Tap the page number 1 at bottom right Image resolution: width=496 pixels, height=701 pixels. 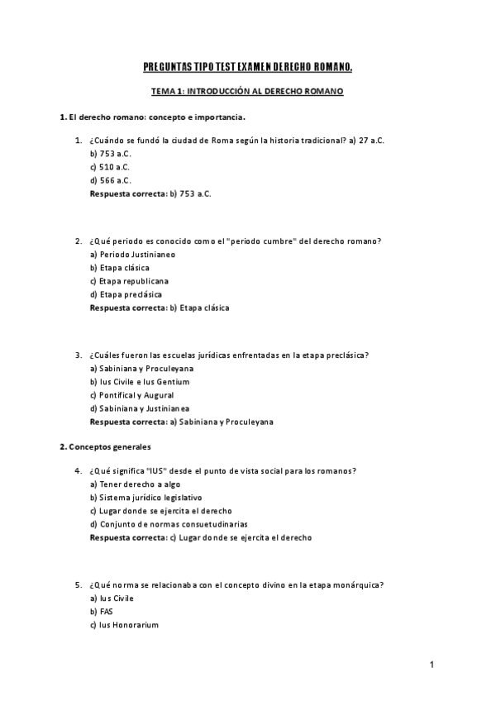(x=432, y=664)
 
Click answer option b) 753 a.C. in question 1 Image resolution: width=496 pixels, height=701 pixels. (x=110, y=154)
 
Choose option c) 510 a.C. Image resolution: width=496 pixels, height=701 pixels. (x=110, y=167)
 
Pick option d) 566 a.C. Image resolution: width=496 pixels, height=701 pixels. (x=110, y=180)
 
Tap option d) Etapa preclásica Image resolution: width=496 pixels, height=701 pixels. (x=126, y=294)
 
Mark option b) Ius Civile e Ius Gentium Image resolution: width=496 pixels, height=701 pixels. (x=140, y=382)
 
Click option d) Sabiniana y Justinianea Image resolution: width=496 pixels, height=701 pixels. (x=140, y=408)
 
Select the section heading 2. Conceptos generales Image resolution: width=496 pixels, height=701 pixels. (x=105, y=447)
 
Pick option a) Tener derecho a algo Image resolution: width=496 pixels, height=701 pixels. (x=135, y=484)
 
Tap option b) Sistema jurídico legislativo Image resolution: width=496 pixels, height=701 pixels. (x=145, y=498)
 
